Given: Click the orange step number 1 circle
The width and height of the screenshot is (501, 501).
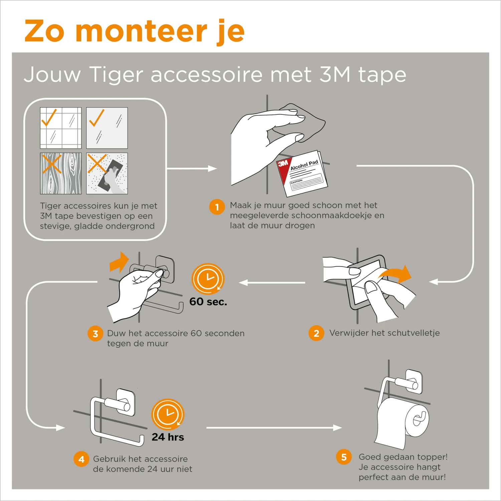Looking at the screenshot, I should [217, 207].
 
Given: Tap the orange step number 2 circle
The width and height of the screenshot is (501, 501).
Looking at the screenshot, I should [316, 333].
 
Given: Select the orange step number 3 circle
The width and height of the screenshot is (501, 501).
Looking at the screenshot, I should [95, 334].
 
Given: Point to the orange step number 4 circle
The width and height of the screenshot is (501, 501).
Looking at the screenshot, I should [81, 459].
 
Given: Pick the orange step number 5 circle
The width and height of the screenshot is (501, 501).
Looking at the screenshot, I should [344, 457].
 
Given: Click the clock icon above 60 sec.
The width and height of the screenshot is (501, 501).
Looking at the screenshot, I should [208, 279].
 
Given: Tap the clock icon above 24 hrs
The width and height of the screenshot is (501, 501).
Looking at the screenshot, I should [168, 414].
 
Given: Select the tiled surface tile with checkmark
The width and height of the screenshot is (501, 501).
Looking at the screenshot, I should [61, 128].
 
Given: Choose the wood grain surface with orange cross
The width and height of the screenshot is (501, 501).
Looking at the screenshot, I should [61, 173].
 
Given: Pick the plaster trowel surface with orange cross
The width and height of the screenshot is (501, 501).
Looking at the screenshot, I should [107, 173].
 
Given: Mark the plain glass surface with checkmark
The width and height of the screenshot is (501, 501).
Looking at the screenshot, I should [107, 128].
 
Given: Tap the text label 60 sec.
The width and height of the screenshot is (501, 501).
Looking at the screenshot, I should [208, 302].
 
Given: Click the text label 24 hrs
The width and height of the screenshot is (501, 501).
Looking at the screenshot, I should [168, 437].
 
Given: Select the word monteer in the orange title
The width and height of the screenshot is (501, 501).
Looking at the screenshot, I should [142, 31].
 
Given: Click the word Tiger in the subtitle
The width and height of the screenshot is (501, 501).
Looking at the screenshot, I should [116, 74].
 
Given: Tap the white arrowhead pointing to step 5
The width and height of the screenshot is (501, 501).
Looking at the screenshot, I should [337, 428].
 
